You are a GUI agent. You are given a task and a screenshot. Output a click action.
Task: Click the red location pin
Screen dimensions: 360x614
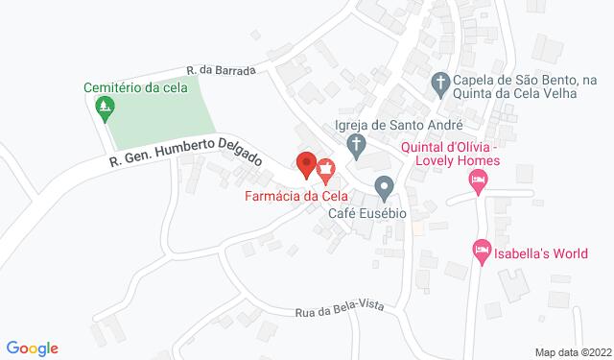[x=306, y=164]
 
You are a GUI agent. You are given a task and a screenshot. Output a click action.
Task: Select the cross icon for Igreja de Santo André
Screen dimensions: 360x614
[x=355, y=148]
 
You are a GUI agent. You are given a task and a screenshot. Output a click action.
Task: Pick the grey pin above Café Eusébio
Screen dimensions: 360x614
[x=384, y=185]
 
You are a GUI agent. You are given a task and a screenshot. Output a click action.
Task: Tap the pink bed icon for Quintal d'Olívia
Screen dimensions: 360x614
[x=477, y=180]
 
